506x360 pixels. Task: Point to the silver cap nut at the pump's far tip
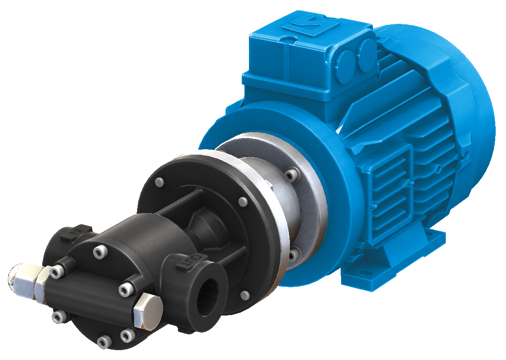click(20, 278)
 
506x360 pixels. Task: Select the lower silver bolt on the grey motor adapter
click(293, 255)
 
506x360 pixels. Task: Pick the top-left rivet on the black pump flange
click(159, 182)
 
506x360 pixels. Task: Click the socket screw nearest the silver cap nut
click(57, 271)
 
